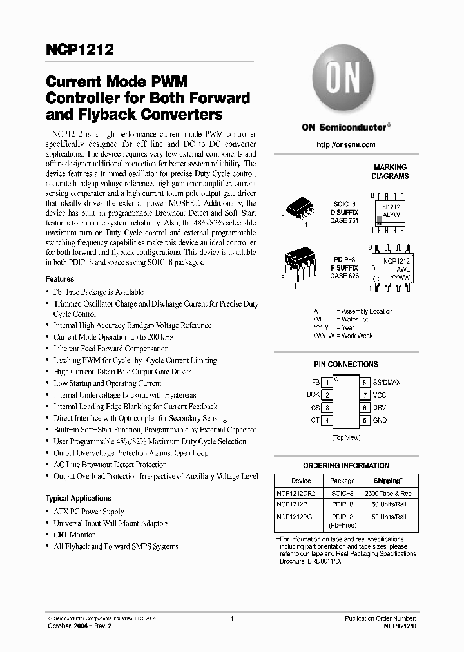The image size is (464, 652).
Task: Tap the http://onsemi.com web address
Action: point(345,144)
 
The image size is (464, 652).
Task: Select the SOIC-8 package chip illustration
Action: point(300,207)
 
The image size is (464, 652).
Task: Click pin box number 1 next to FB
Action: point(327,382)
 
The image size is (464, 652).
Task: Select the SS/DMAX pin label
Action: point(385,382)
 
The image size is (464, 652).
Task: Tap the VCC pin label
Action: point(380,394)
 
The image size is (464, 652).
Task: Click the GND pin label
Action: point(380,420)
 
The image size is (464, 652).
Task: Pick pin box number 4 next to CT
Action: point(327,420)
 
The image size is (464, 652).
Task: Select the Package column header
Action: point(342,481)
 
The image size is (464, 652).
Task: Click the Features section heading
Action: point(60,279)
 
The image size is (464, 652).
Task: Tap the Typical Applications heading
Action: point(78,498)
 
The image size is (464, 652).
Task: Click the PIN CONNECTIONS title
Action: point(345,364)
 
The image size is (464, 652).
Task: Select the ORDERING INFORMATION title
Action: point(345,465)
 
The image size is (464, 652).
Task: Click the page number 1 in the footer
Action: point(231,618)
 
